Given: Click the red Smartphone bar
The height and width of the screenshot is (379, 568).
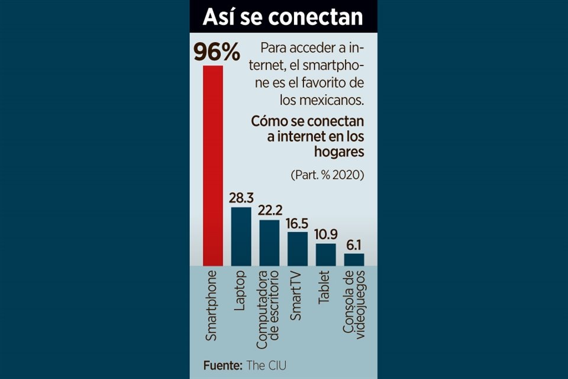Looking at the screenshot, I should pos(213,166).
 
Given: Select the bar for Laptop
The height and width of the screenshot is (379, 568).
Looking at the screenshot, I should pos(241,236).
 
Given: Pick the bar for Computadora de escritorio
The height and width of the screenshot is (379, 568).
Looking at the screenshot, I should pos(269,243).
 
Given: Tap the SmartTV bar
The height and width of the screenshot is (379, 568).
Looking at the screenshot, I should pos(298,249).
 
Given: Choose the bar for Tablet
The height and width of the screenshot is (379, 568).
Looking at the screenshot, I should pos(325,255).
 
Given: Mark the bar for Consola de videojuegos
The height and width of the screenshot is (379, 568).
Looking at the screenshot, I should pos(354,259).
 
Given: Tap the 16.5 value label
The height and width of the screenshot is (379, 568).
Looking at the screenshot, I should pos(298,223).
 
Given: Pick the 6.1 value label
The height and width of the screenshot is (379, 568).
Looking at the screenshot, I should pos(354,245).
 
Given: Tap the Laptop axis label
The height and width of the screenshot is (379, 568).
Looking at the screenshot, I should pos(241,291).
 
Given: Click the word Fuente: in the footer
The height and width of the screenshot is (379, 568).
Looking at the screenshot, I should pos(222,365).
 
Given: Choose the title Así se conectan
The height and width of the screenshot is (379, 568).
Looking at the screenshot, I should pos(283,17).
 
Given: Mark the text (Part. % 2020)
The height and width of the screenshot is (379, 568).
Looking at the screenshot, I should pos(327,175).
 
